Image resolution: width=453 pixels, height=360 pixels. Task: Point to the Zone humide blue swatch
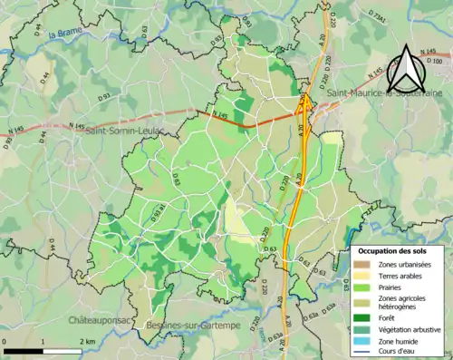point(365,341)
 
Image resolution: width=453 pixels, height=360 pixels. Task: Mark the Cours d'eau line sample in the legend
point(365,353)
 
